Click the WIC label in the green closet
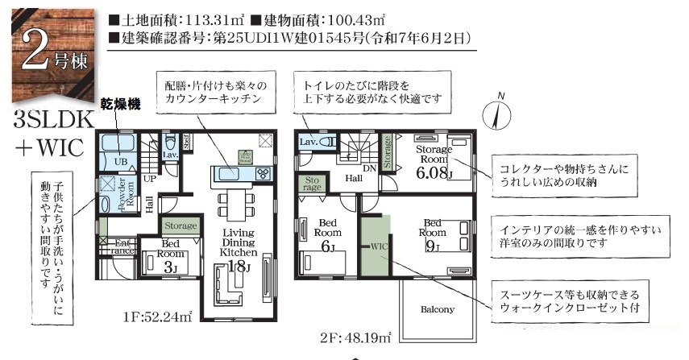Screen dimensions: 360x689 [x=377, y=246]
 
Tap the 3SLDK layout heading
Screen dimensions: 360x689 [x=53, y=120]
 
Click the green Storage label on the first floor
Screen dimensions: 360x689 [x=180, y=226]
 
